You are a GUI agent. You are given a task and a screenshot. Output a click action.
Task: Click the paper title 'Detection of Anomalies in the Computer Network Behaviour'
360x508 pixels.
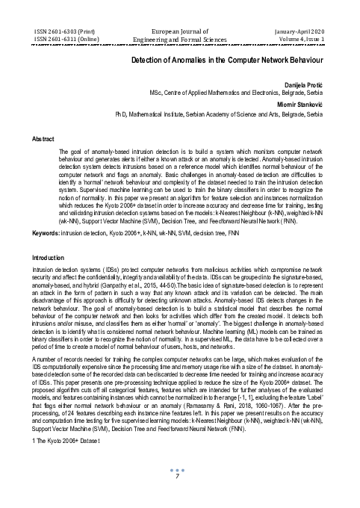[x=226, y=58]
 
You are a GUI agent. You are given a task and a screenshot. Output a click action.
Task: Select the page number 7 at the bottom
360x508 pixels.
[x=179, y=496]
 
